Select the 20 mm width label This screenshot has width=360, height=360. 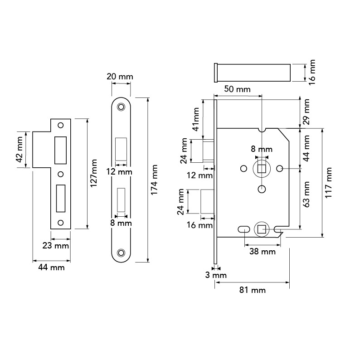(x=120, y=77)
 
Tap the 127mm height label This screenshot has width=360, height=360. (x=94, y=174)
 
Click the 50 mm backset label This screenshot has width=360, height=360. (x=237, y=89)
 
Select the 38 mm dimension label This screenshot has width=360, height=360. (x=262, y=251)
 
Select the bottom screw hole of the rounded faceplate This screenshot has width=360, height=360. (x=121, y=252)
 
